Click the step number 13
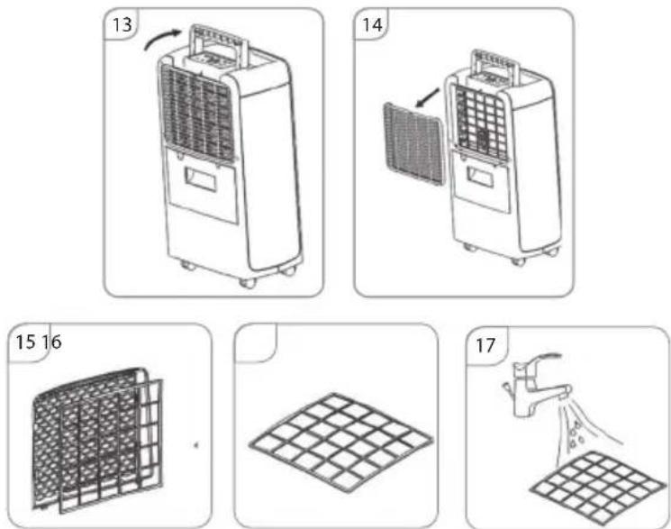pos(122,24)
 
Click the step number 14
pos(372,24)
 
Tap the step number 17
pos(485,345)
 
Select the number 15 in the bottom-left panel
pos(25,342)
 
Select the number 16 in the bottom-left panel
pos(51,342)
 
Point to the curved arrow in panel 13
pos(162,38)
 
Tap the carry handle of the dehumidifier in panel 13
pos(219,43)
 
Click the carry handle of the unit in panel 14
pos(495,64)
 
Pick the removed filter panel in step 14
pos(413,143)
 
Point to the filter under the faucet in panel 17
pos(598,488)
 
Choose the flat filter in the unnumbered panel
pos(341,442)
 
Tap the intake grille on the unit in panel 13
pos(197,114)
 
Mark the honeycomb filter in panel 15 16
pos(87,437)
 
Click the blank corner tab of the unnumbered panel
pos(256,342)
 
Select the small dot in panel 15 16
pos(196,445)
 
